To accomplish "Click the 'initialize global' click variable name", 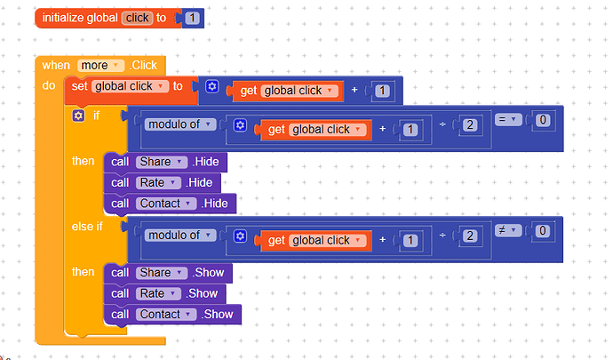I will coord(137,18).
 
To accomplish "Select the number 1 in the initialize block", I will coord(193,18).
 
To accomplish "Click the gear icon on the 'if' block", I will coord(79,116).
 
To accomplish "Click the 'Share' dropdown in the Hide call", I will coord(162,162).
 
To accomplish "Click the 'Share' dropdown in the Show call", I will coord(162,272).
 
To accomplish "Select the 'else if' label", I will coord(87,227).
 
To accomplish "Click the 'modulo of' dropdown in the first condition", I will coord(179,124).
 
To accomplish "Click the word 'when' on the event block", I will coord(56,65).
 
